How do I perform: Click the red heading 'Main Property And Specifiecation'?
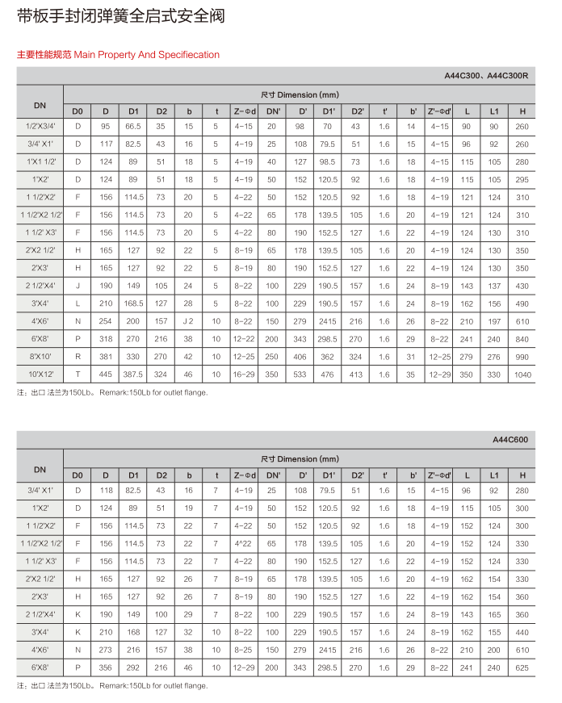(x=118, y=55)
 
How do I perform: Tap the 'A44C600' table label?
(x=510, y=440)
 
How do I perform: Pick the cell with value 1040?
(x=522, y=375)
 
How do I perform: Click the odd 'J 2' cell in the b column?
(x=188, y=321)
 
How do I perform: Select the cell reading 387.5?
(x=133, y=375)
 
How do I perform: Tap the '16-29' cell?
(x=244, y=375)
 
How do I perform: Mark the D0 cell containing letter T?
(x=78, y=375)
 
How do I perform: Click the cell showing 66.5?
(x=133, y=126)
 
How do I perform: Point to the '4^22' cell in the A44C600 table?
(x=244, y=543)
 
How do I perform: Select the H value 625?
(x=522, y=667)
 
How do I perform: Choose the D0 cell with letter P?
(x=78, y=667)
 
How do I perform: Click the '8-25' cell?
(x=244, y=650)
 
